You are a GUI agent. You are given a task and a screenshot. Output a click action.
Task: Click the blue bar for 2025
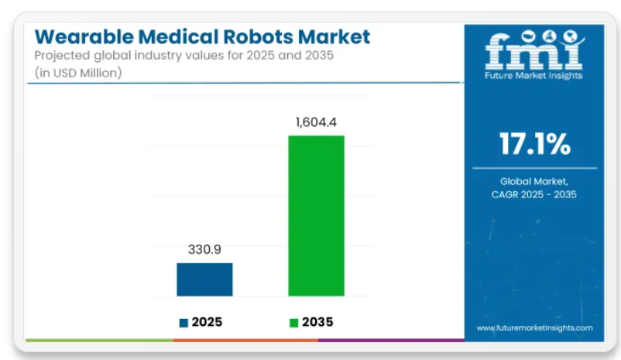[204, 279]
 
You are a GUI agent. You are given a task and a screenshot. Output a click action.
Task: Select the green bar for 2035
[316, 215]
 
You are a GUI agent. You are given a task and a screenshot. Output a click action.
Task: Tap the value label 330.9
[204, 250]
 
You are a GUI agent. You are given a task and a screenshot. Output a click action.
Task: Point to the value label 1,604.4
[316, 122]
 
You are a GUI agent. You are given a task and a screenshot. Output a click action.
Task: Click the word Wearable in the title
[76, 36]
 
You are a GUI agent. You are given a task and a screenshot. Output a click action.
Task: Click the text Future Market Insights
[534, 75]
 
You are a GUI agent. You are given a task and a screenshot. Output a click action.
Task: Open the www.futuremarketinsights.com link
[534, 327]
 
